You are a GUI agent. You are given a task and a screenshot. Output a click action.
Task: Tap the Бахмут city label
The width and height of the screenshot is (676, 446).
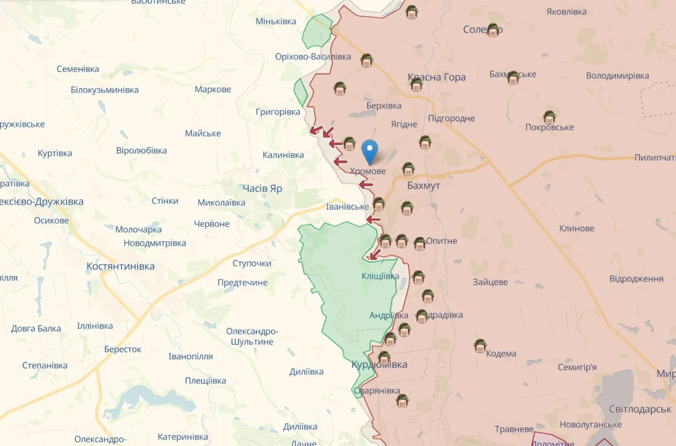[423, 185]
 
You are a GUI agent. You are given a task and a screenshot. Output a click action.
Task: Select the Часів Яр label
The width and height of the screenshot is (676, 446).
[262, 189]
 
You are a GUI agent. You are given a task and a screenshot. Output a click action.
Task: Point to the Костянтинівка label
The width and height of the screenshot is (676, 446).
[120, 266]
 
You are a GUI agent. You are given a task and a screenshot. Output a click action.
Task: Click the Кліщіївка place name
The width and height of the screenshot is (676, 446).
[380, 276]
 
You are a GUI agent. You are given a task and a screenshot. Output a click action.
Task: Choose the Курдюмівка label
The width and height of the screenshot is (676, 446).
[379, 365]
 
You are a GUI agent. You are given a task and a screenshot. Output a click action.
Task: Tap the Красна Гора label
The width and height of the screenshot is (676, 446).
[437, 77]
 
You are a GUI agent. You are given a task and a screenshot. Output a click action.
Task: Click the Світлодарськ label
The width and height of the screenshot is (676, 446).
[640, 409]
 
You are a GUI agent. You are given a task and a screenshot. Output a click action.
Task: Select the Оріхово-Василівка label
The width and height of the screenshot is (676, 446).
[313, 57]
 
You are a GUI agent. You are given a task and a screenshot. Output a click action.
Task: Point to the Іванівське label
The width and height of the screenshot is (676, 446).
[348, 207]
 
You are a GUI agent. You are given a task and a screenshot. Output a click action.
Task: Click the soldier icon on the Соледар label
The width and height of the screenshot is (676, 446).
[493, 30]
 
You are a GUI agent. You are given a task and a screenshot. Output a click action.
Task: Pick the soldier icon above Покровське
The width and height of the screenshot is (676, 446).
[549, 117]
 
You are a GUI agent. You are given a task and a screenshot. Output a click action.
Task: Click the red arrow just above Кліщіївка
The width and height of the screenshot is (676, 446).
[374, 254]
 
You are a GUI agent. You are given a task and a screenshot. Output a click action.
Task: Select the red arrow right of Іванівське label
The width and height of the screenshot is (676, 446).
[373, 219]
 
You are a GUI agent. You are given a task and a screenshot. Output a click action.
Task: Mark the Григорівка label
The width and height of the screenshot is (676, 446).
[278, 112]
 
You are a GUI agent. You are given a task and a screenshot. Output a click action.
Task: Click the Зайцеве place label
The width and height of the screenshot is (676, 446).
[490, 282]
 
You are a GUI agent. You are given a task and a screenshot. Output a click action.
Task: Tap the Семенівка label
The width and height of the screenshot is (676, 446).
[78, 69]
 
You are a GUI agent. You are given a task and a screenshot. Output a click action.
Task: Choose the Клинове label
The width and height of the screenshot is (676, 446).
[577, 228]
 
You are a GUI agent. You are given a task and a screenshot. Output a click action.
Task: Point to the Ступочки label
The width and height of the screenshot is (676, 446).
[251, 264]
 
